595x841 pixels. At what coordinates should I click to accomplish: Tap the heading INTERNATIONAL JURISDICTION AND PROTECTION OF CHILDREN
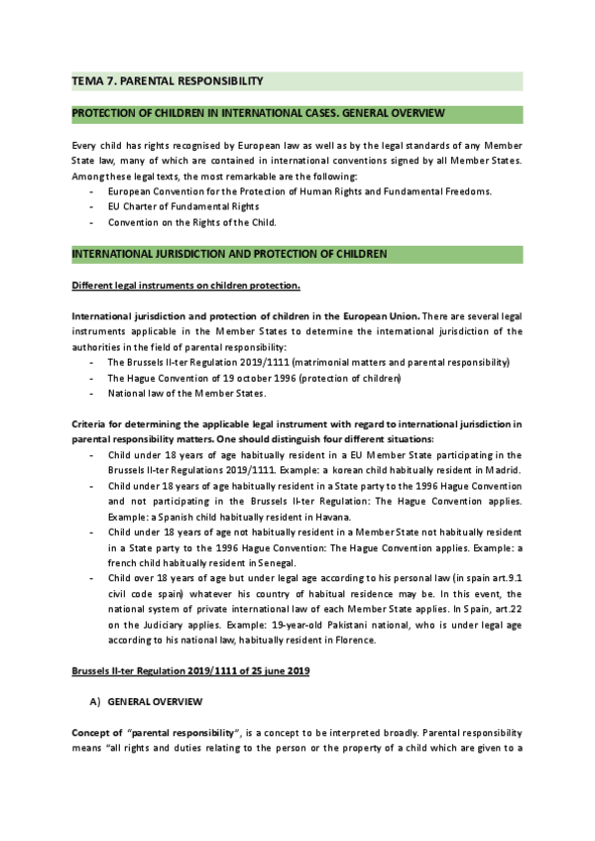tap(229, 255)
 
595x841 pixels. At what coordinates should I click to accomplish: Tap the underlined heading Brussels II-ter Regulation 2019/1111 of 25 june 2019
tap(191, 672)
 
